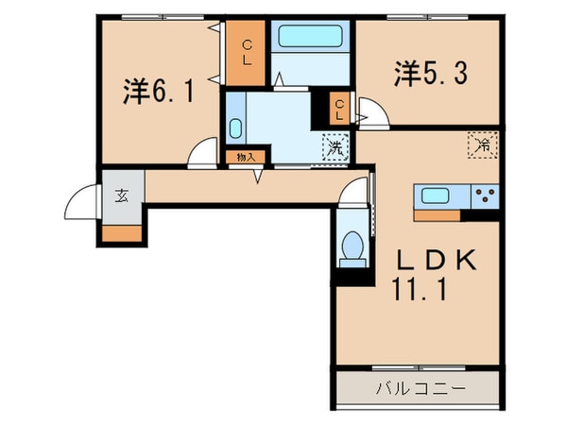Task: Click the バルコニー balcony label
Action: pyautogui.click(x=417, y=387)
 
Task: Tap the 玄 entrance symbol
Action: pyautogui.click(x=122, y=196)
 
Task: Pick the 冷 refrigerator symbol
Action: pyautogui.click(x=481, y=146)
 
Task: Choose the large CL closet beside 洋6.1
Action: pyautogui.click(x=245, y=52)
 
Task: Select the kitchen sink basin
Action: pyautogui.click(x=437, y=196)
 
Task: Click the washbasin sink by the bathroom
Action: pyautogui.click(x=235, y=127)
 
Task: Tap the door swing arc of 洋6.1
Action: pyautogui.click(x=201, y=154)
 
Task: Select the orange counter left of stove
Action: pyautogui.click(x=437, y=214)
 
